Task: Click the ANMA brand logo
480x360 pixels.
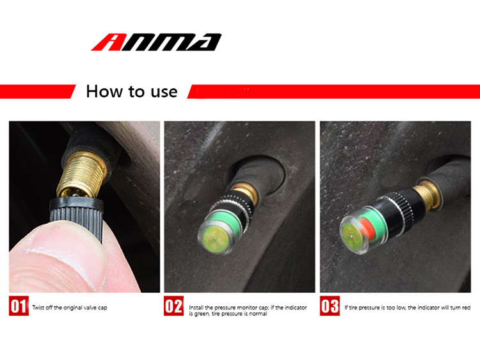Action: [156, 42]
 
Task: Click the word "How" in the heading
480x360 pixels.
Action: [104, 92]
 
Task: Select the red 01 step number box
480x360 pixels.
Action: [19, 306]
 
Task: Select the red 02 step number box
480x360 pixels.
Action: [173, 306]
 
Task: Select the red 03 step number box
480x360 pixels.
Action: [330, 306]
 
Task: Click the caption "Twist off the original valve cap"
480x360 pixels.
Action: [70, 307]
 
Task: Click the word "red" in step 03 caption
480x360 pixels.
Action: [466, 307]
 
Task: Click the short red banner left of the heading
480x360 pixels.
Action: [36, 92]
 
